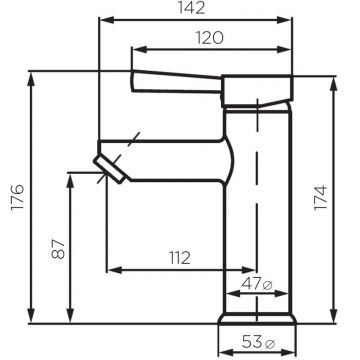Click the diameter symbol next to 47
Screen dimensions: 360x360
tap(268, 286)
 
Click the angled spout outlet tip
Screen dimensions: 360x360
tap(109, 165)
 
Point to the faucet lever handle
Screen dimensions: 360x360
tap(175, 81)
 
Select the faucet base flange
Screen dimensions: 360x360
tap(259, 319)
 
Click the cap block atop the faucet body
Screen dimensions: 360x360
tap(257, 91)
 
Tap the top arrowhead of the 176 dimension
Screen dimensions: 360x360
tap(33, 76)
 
